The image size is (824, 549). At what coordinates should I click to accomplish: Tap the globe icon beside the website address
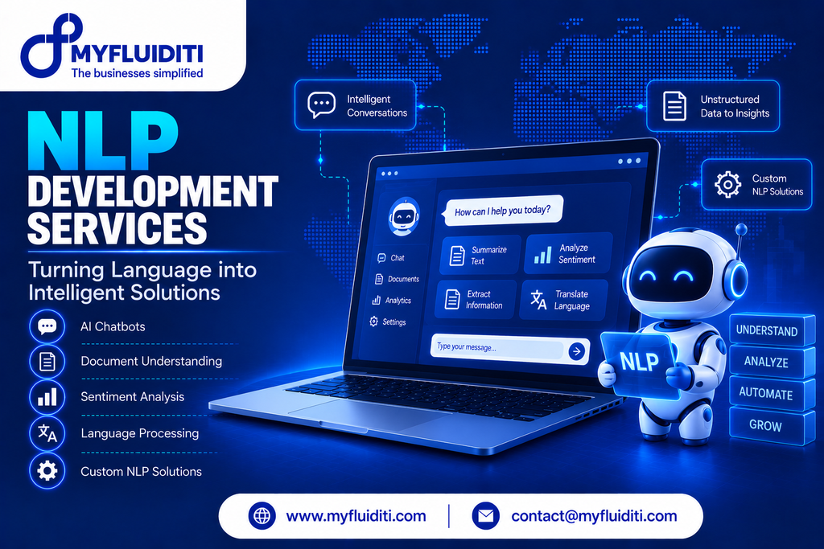click(x=262, y=516)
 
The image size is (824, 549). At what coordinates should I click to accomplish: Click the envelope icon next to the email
click(x=485, y=516)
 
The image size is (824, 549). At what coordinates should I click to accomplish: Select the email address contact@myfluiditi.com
click(x=594, y=516)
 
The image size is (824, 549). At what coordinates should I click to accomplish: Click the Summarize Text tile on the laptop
click(x=480, y=255)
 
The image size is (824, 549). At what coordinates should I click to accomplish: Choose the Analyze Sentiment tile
click(x=568, y=253)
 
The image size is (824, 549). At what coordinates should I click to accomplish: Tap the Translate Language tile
click(x=563, y=300)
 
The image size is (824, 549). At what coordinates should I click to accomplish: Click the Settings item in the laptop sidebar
click(x=388, y=322)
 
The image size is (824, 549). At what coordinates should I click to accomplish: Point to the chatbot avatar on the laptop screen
click(x=404, y=216)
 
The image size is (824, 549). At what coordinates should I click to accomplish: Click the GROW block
click(x=766, y=426)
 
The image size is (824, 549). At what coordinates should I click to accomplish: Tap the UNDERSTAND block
click(x=767, y=330)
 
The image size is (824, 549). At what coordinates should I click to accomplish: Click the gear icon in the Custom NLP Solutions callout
click(x=727, y=184)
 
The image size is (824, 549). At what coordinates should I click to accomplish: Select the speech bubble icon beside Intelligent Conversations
click(x=321, y=105)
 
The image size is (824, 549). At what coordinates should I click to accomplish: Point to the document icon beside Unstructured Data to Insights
click(x=675, y=106)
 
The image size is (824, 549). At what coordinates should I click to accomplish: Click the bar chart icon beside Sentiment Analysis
click(x=47, y=397)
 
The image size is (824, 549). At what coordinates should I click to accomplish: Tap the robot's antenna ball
click(x=741, y=229)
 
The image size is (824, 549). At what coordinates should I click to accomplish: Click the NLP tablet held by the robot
click(x=639, y=362)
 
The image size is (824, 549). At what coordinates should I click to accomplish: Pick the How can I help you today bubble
click(x=504, y=211)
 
